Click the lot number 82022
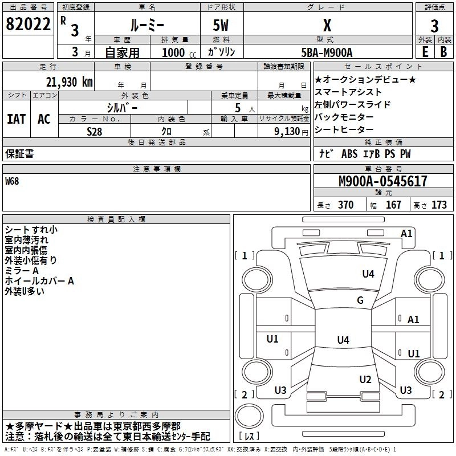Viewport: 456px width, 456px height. [x=28, y=24]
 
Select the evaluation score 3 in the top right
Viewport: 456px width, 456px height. [x=434, y=26]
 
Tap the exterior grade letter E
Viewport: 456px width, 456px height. [x=425, y=52]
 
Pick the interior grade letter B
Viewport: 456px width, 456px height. [x=443, y=52]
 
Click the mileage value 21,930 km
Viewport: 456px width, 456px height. [x=70, y=82]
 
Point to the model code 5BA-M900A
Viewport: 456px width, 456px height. [x=327, y=52]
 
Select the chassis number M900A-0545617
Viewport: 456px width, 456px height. [x=383, y=181]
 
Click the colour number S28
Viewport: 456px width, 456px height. [x=95, y=132]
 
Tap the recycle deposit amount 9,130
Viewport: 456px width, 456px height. [x=287, y=132]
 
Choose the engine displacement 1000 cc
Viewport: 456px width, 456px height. [x=179, y=52]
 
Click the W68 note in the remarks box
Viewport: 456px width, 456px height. [x=12, y=181]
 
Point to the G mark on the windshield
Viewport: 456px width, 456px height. [x=360, y=300]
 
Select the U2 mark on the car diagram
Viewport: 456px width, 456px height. [x=365, y=380]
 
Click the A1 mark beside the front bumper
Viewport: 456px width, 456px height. [x=406, y=234]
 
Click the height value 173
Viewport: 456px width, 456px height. [x=439, y=205]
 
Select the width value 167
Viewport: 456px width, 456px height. [x=393, y=205]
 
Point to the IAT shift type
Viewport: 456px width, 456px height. [x=17, y=119]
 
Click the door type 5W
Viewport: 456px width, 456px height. [x=221, y=26]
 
